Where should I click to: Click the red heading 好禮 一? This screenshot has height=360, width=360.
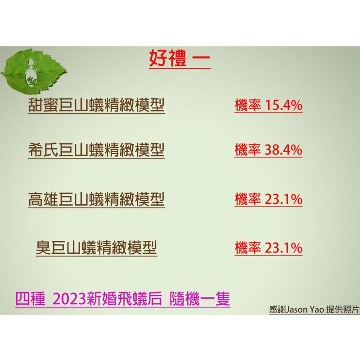pyautogui.click(x=179, y=59)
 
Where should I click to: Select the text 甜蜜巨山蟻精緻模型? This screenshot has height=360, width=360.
pyautogui.click(x=96, y=106)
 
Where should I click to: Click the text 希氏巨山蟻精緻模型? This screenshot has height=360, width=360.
pyautogui.click(x=96, y=149)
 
